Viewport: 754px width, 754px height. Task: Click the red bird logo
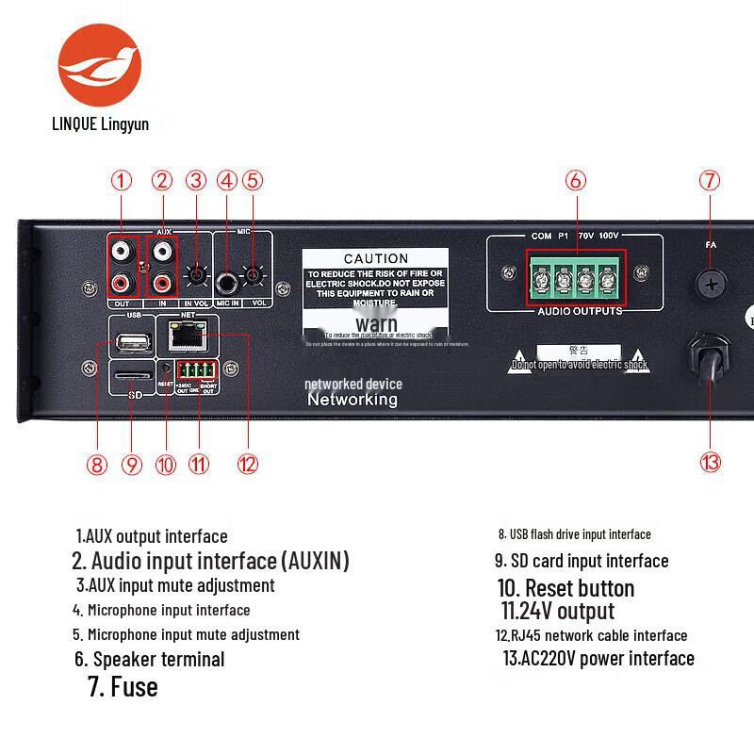tap(99, 67)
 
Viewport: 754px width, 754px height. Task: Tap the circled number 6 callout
tap(576, 180)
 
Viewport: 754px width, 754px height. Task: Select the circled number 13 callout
tap(711, 462)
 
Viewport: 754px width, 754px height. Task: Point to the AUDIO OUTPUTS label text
tap(579, 311)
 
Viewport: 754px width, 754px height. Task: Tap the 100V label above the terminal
tap(608, 236)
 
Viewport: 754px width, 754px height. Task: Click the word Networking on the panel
tap(352, 400)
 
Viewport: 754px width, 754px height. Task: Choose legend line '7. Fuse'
tap(123, 686)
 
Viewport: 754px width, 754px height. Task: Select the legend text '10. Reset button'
tap(565, 588)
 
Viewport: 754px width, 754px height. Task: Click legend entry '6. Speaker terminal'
tap(149, 659)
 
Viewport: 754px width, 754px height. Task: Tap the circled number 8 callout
tap(96, 464)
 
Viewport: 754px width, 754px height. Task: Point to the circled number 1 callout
tap(121, 180)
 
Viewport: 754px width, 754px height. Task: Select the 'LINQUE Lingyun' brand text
tap(100, 123)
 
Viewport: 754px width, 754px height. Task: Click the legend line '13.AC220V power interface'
tap(598, 658)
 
